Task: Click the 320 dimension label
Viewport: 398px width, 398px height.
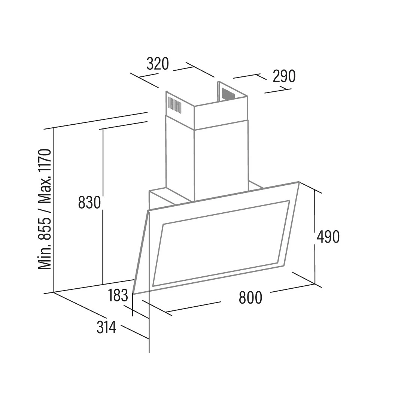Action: pos(158,64)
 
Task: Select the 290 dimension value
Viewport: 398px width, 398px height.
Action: pos(284,76)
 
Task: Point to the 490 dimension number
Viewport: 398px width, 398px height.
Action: pos(328,237)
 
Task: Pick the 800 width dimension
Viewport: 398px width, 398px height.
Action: pos(250,298)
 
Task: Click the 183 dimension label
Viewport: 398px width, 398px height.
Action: pos(118,296)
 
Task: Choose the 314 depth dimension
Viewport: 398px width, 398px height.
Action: pos(106,328)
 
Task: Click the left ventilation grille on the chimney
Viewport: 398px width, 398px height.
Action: pos(174,105)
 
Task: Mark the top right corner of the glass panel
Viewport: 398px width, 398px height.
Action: pos(298,182)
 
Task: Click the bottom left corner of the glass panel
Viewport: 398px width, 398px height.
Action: pos(134,294)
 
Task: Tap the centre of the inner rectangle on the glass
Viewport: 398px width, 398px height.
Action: pos(221,243)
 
